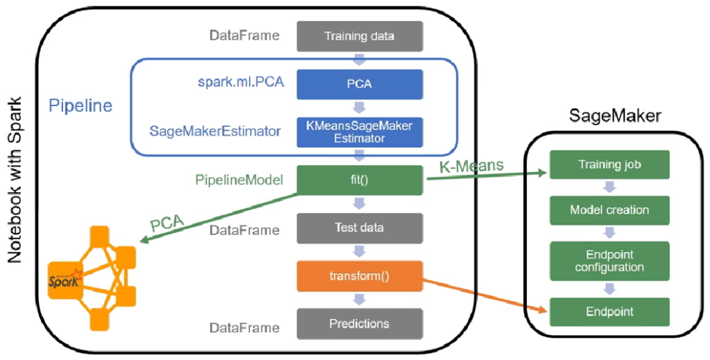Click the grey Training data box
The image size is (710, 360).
360,36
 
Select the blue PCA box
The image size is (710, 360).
360,84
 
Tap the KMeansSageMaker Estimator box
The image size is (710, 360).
360,132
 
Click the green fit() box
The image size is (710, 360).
360,180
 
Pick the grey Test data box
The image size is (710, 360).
360,228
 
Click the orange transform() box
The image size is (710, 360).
360,275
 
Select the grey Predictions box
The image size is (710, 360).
360,323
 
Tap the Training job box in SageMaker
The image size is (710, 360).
609,165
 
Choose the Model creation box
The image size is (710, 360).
609,209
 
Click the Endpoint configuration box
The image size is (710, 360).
609,261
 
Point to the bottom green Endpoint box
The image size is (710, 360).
609,311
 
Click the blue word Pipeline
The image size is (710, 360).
80,107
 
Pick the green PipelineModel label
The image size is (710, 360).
240,180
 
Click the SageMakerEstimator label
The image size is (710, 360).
214,130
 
